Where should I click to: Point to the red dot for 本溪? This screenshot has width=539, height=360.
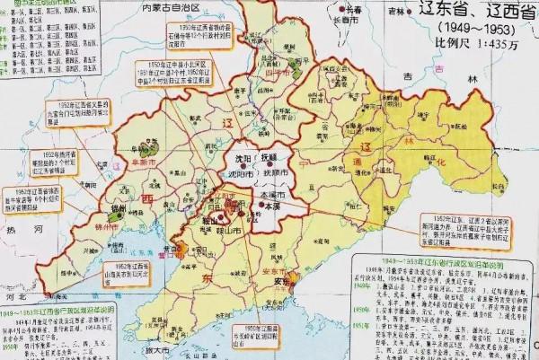262,206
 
